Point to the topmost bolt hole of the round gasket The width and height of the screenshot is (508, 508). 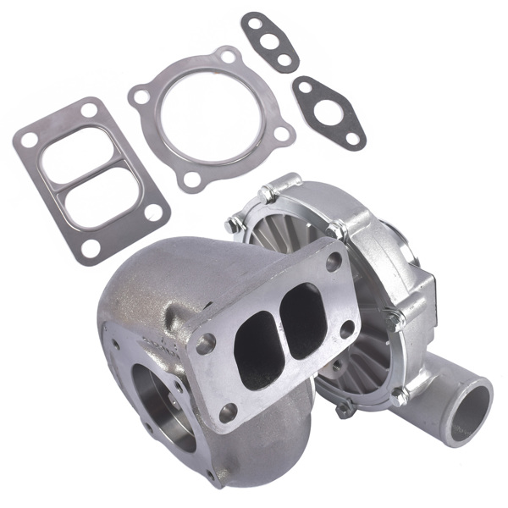pos(227,57)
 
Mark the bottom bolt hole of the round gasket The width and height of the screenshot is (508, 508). pos(193,179)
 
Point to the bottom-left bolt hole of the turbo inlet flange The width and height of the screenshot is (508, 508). pos(228,412)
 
